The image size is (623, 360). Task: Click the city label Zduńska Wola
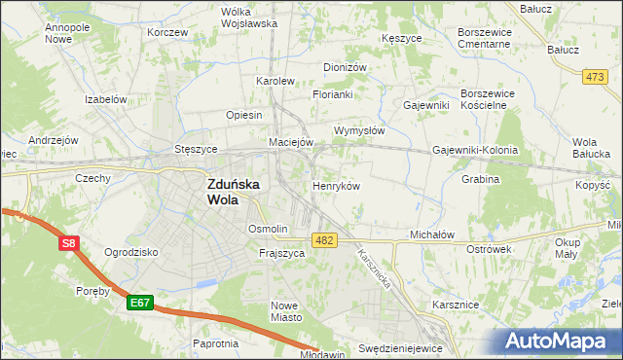[x=235, y=191]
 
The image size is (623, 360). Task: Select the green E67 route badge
[x=140, y=304]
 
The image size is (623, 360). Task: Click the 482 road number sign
[x=325, y=240]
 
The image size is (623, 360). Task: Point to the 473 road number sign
[x=594, y=75]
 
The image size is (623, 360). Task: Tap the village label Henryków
[x=337, y=185]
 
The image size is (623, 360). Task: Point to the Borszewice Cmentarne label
[x=484, y=38]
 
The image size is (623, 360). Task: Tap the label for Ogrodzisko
[x=131, y=252]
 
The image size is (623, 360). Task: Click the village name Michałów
[x=432, y=235]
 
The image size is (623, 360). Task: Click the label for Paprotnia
[x=216, y=343]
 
